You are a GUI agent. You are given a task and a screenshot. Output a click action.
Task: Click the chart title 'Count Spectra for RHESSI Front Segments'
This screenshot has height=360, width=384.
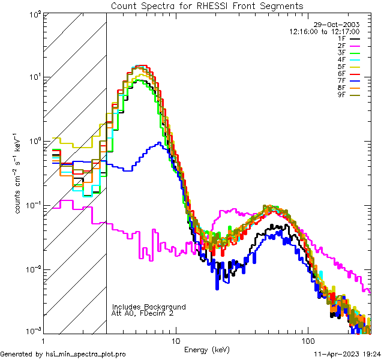pyautogui.click(x=207, y=6)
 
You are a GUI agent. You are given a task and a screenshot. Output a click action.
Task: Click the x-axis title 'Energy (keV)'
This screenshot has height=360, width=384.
pyautogui.click(x=206, y=349)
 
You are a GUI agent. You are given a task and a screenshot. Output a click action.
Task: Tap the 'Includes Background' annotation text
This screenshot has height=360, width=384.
pyautogui.click(x=148, y=307)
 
